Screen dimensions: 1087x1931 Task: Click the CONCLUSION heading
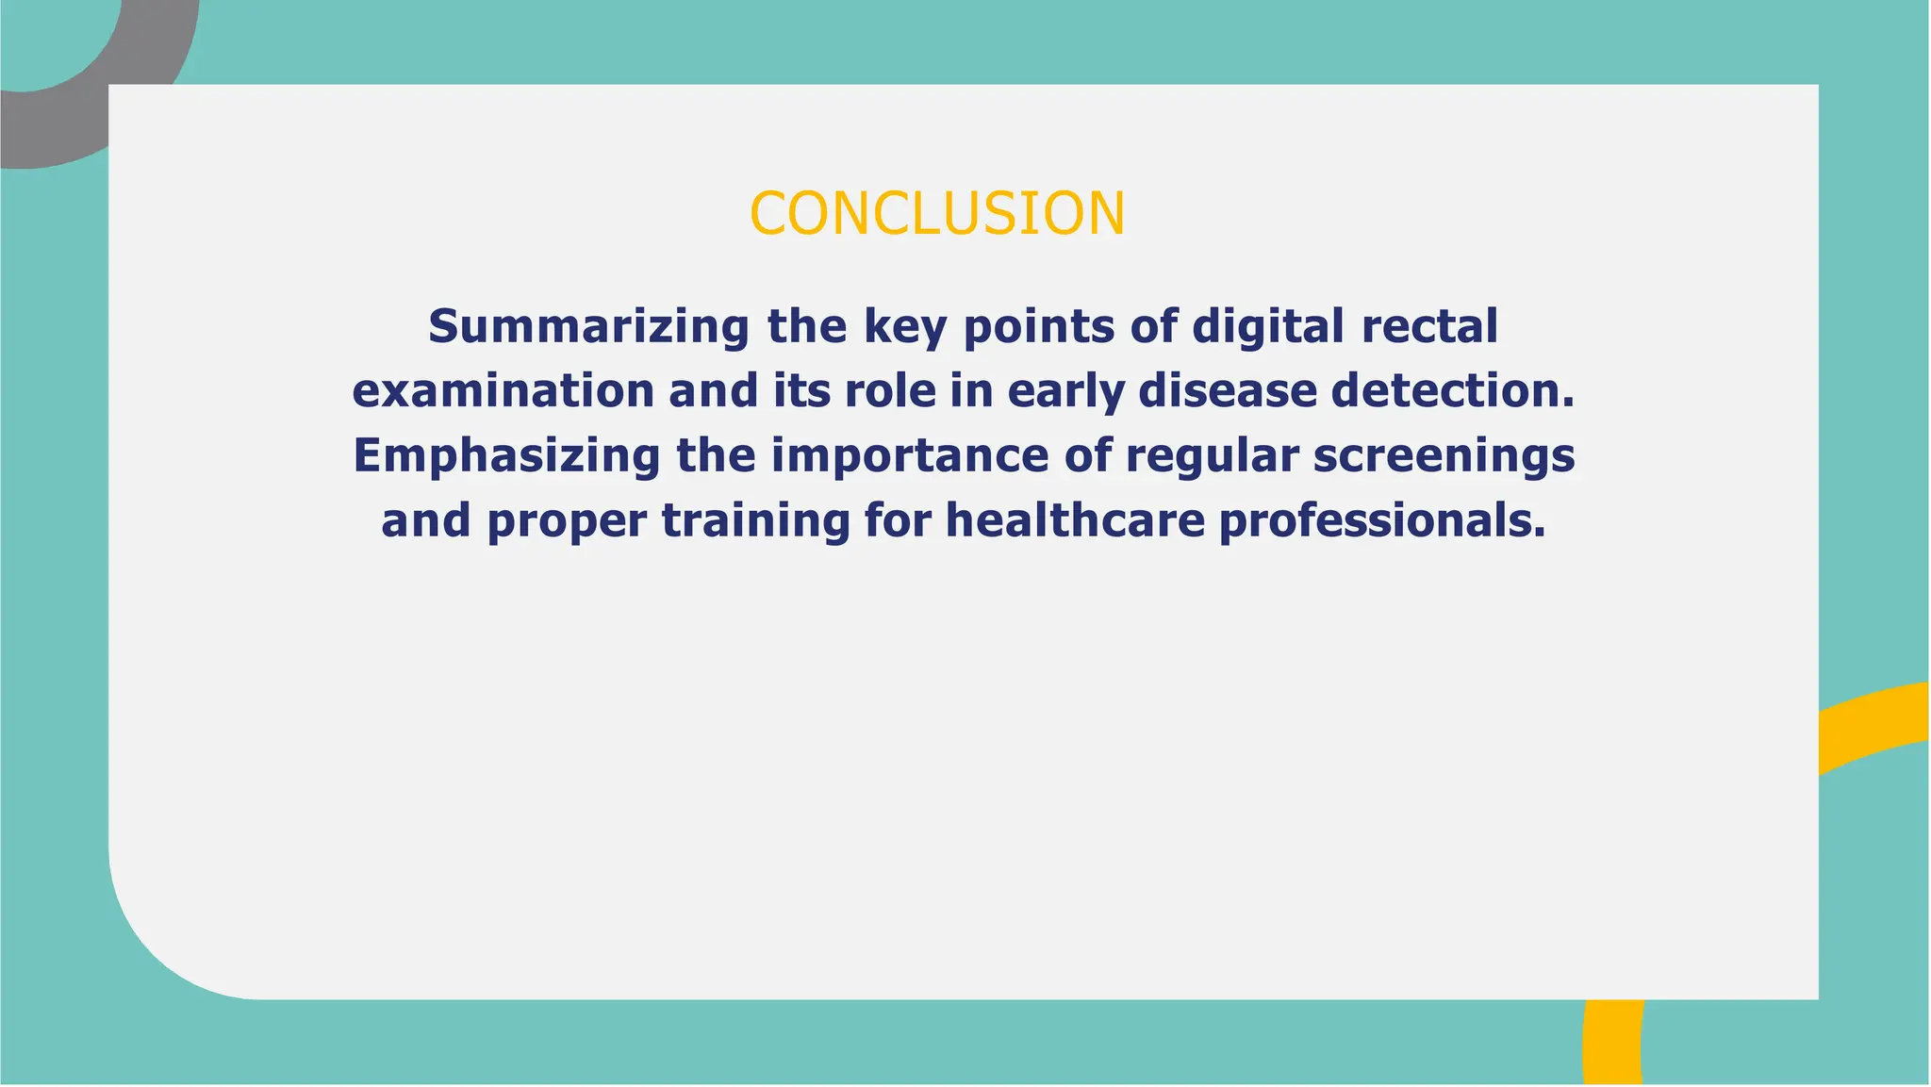[937, 213]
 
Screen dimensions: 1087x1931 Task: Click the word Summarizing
[588, 326]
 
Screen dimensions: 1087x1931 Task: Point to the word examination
[503, 391]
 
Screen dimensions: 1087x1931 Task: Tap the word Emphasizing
[506, 456]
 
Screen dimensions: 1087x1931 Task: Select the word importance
[910, 456]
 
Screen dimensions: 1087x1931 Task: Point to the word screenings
[1444, 456]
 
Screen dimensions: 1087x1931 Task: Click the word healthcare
[1075, 521]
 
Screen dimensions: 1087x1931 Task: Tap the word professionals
[1382, 521]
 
